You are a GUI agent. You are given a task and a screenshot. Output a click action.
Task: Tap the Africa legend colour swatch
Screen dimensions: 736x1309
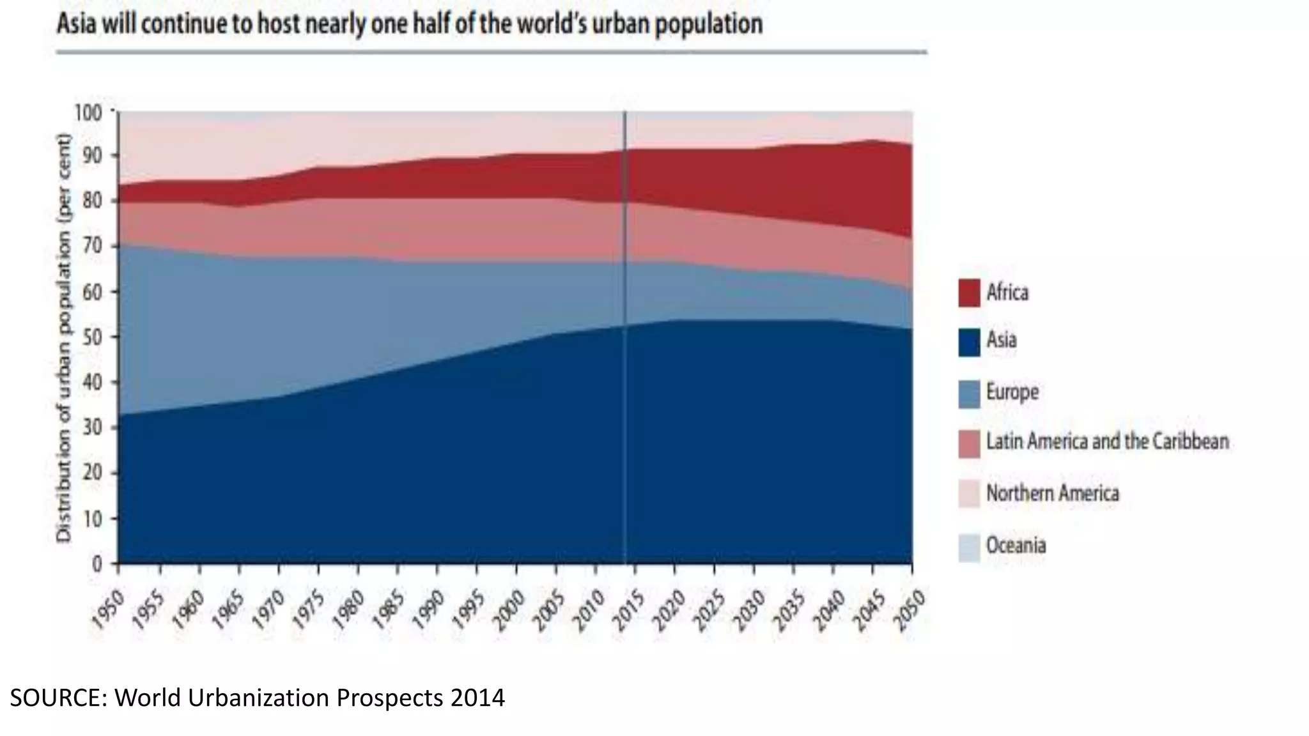coord(969,293)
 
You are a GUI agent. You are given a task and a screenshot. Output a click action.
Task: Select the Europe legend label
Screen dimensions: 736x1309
coord(1012,392)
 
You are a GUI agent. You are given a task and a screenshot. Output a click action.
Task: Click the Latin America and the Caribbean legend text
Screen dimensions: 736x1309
coord(1107,441)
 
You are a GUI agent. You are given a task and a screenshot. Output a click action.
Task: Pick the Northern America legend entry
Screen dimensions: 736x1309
coord(1052,493)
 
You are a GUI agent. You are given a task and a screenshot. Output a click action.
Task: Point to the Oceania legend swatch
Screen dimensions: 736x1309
coord(969,547)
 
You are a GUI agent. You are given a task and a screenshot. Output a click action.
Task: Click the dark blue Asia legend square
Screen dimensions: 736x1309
coord(969,341)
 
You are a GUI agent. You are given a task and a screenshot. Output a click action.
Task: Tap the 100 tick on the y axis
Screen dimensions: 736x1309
coord(88,113)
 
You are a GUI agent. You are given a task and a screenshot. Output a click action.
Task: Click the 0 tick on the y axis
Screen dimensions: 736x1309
coord(97,564)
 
